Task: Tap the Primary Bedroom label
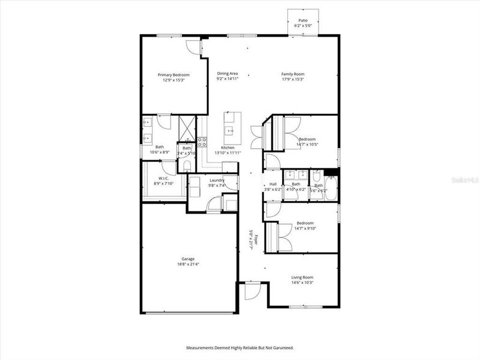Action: (173, 75)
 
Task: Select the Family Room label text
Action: (293, 74)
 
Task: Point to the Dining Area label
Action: (227, 74)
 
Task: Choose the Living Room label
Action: (302, 277)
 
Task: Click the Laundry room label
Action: (217, 181)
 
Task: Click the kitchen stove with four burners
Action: (203, 142)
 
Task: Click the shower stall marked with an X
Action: (187, 128)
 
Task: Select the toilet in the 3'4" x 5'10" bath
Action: (187, 166)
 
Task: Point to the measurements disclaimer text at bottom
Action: (239, 348)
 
